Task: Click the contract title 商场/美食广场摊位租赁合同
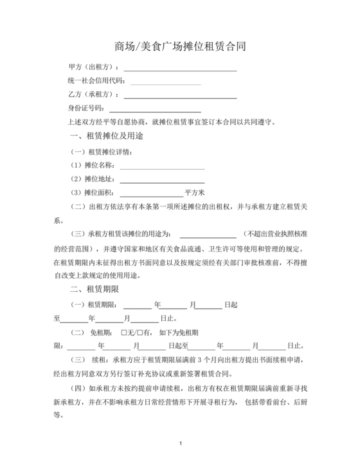179,47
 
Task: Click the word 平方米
194,193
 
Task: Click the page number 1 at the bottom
181,444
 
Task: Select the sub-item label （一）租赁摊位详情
102,153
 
